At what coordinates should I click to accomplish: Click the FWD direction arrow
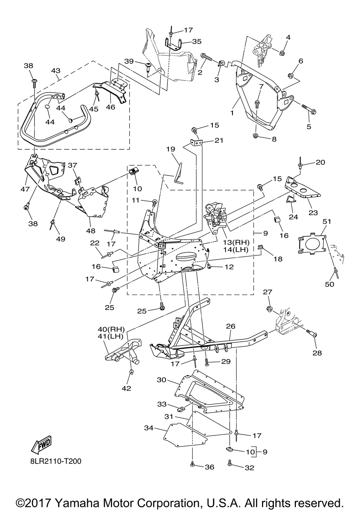point(41,444)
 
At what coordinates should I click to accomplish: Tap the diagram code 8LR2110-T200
point(55,461)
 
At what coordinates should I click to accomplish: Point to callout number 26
point(231,327)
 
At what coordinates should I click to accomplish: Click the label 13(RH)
point(241,242)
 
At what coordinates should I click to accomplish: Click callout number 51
point(326,222)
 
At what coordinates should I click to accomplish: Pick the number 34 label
point(149,428)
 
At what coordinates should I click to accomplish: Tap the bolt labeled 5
point(308,109)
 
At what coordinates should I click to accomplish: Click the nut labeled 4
point(282,53)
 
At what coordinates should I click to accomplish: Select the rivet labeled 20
point(300,165)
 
